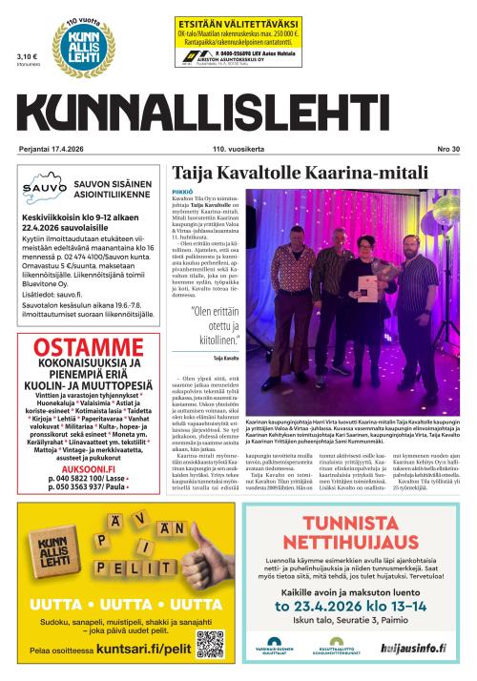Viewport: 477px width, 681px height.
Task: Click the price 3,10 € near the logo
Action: pyautogui.click(x=26, y=57)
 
